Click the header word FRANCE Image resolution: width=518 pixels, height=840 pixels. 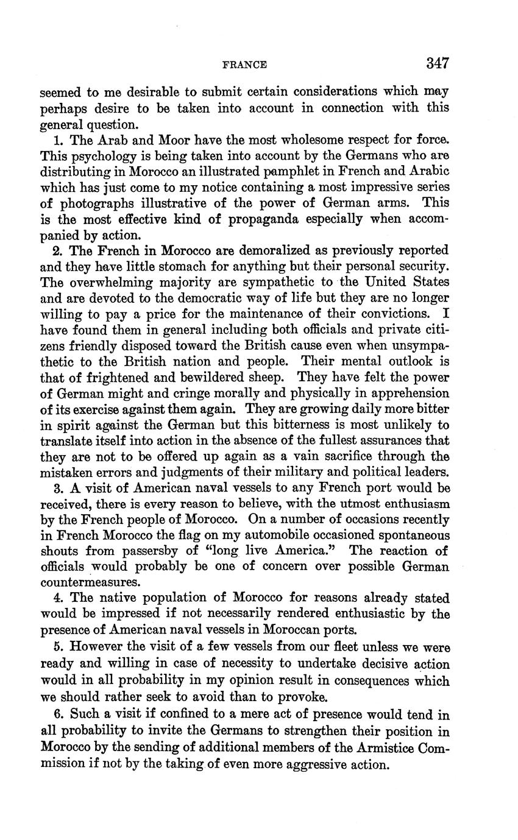tap(244, 65)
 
